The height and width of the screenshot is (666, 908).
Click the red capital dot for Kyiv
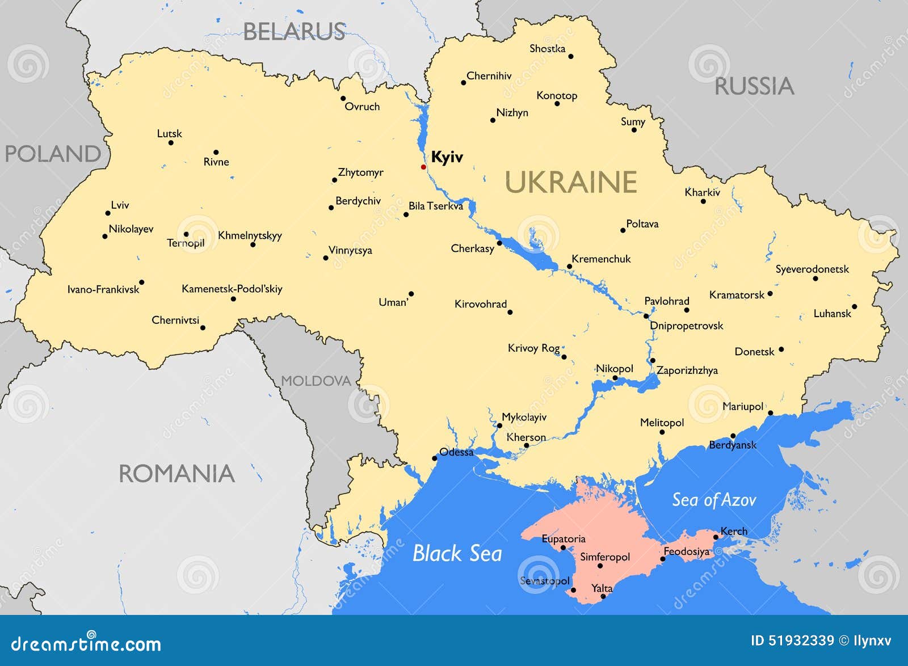(423, 167)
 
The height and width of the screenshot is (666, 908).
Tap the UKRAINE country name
(570, 182)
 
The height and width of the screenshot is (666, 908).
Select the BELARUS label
(294, 31)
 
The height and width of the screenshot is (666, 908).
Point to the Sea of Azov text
(714, 500)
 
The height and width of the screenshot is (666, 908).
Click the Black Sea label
(457, 553)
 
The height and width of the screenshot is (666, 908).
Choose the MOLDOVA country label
(316, 381)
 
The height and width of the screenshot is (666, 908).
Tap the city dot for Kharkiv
(703, 201)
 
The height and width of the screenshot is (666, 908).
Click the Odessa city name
(456, 452)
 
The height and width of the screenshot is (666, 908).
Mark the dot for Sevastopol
(573, 590)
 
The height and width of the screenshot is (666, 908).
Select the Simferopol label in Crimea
(604, 557)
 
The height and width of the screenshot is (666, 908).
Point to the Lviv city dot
(108, 213)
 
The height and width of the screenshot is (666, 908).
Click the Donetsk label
(754, 352)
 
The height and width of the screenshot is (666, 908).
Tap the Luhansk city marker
(854, 306)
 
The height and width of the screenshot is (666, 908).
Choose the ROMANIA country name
(176, 474)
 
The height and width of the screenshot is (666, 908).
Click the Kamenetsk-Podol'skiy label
(232, 289)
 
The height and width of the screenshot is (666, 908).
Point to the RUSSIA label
(754, 86)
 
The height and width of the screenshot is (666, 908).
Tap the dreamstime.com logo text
(86, 643)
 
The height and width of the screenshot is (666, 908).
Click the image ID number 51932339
(801, 641)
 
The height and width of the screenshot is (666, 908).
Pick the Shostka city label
(547, 49)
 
